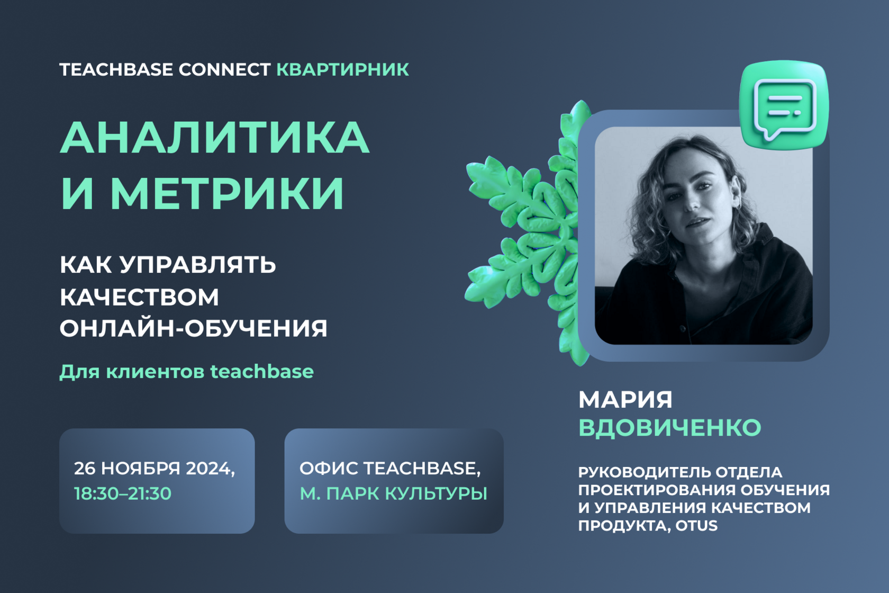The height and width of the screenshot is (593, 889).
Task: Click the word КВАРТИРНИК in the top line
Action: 342,69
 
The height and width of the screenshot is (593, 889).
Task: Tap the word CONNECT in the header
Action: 224,69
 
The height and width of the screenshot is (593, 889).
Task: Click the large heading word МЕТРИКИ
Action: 227,193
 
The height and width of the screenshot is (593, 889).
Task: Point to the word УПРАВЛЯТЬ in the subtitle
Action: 198,265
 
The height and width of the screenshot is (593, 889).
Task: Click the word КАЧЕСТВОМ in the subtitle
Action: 139,297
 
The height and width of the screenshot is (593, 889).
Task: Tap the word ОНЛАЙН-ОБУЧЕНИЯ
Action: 193,328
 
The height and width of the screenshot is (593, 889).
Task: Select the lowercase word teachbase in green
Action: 262,372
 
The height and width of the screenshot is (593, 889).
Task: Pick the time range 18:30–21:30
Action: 123,493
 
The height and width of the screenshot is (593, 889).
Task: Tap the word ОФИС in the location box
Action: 328,469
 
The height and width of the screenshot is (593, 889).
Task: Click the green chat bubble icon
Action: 784,105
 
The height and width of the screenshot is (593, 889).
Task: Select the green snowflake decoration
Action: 524,233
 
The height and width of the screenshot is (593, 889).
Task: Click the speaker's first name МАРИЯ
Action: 625,400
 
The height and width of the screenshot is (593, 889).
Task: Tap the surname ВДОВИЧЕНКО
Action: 669,428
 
